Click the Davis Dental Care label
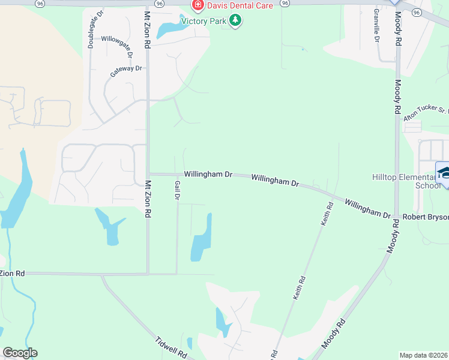[240, 5]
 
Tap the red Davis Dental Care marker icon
[197, 5]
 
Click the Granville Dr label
[376, 25]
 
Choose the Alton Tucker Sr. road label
[426, 114]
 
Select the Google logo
[20, 353]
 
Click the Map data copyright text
[424, 355]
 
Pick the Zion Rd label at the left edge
[12, 274]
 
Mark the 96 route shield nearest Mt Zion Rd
[158, 3]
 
